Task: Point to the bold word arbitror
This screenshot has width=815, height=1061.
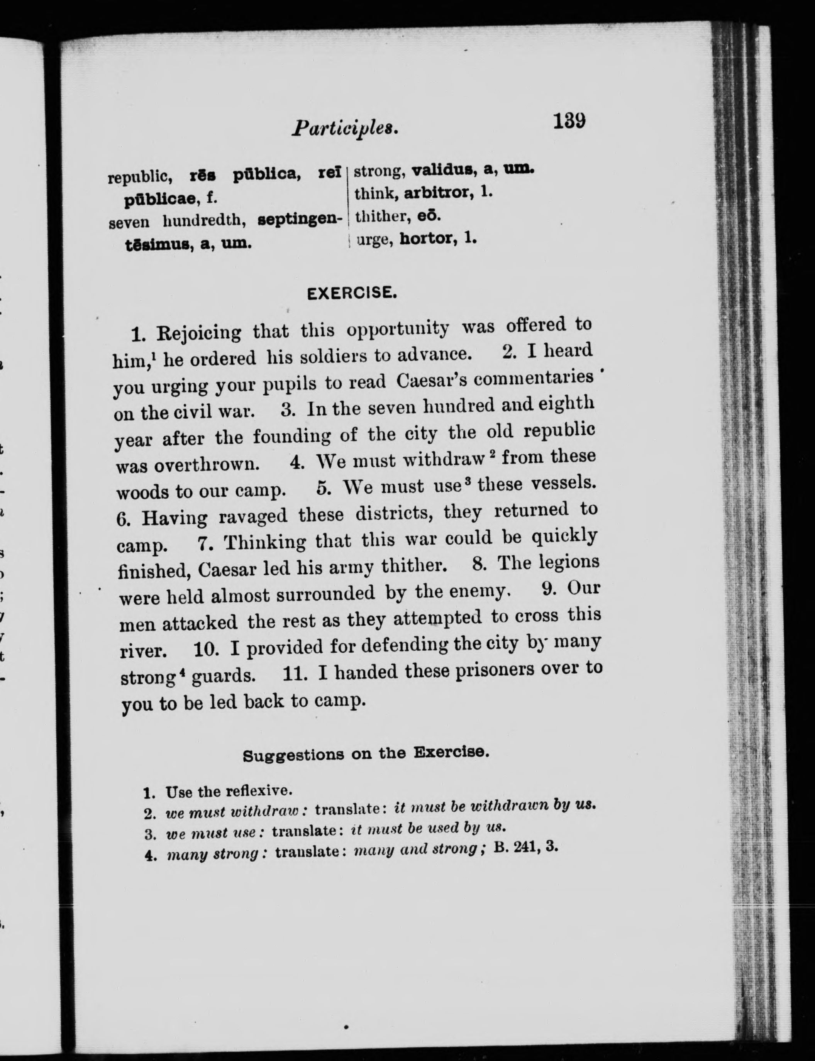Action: (x=437, y=193)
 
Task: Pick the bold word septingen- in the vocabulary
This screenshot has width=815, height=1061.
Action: (x=299, y=220)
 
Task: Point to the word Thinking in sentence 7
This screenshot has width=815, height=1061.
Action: (x=265, y=541)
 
